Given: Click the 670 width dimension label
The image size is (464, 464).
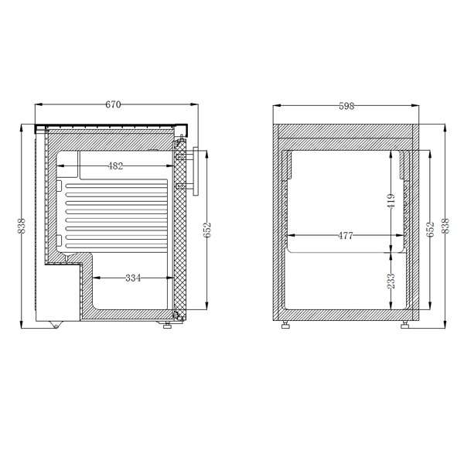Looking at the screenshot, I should (113, 105).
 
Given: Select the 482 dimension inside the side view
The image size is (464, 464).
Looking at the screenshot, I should (115, 165).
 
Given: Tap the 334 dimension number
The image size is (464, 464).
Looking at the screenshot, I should (132, 278).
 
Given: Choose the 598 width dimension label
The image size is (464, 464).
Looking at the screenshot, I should (346, 106).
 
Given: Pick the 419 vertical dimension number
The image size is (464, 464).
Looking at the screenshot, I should (391, 203).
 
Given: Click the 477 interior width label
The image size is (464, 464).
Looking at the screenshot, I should (345, 236).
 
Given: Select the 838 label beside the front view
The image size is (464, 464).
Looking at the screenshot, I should (445, 226).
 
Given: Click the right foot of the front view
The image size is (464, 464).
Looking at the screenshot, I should (406, 326).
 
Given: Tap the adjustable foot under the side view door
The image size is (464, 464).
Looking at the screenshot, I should (166, 325).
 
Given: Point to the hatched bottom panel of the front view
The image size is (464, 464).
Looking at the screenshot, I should (346, 312).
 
